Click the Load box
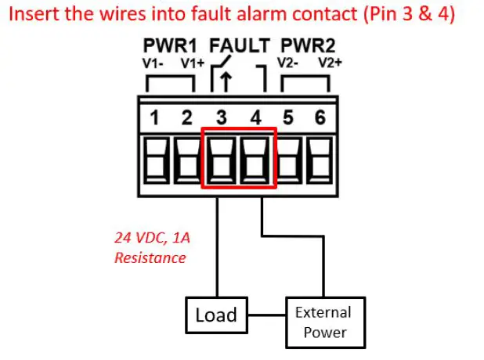(x=216, y=315)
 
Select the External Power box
(x=326, y=322)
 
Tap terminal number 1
(x=154, y=117)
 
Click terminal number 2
(x=186, y=117)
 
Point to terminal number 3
(x=222, y=117)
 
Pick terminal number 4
(x=256, y=117)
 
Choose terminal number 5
(x=288, y=117)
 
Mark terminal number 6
(x=320, y=117)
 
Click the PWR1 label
(x=170, y=45)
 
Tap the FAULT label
(x=240, y=45)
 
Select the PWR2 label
(x=308, y=45)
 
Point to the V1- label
(x=153, y=63)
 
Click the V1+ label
(x=193, y=63)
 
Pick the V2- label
(x=287, y=63)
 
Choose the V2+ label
(x=330, y=63)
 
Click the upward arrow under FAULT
(x=226, y=81)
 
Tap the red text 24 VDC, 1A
(x=152, y=238)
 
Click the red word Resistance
(x=150, y=258)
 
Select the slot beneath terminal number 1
(x=157, y=160)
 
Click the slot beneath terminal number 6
(x=320, y=160)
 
